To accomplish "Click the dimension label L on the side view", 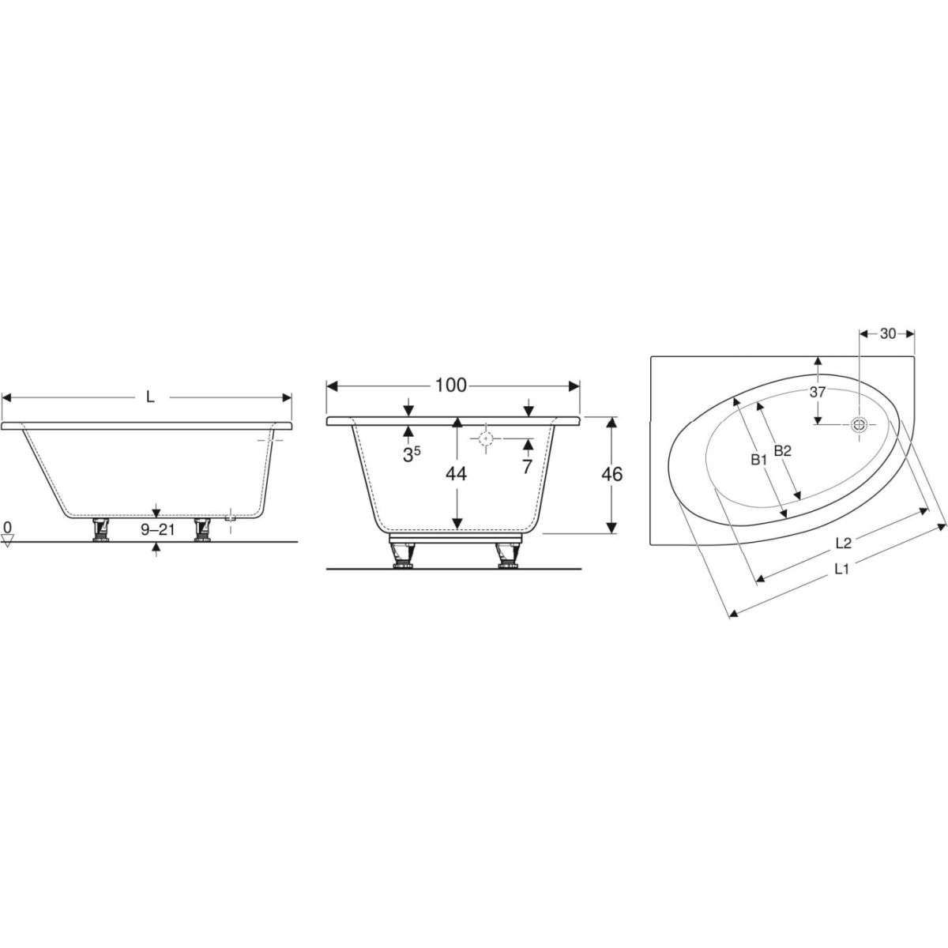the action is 150,397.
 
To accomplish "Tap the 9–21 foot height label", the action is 157,529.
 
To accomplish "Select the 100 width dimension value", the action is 450,386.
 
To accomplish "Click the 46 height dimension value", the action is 612,474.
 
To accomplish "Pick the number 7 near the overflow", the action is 527,466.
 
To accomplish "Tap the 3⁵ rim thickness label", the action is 412,454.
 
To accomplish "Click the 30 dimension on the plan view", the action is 888,333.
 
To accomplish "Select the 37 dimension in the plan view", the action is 818,392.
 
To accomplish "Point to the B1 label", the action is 759,460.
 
